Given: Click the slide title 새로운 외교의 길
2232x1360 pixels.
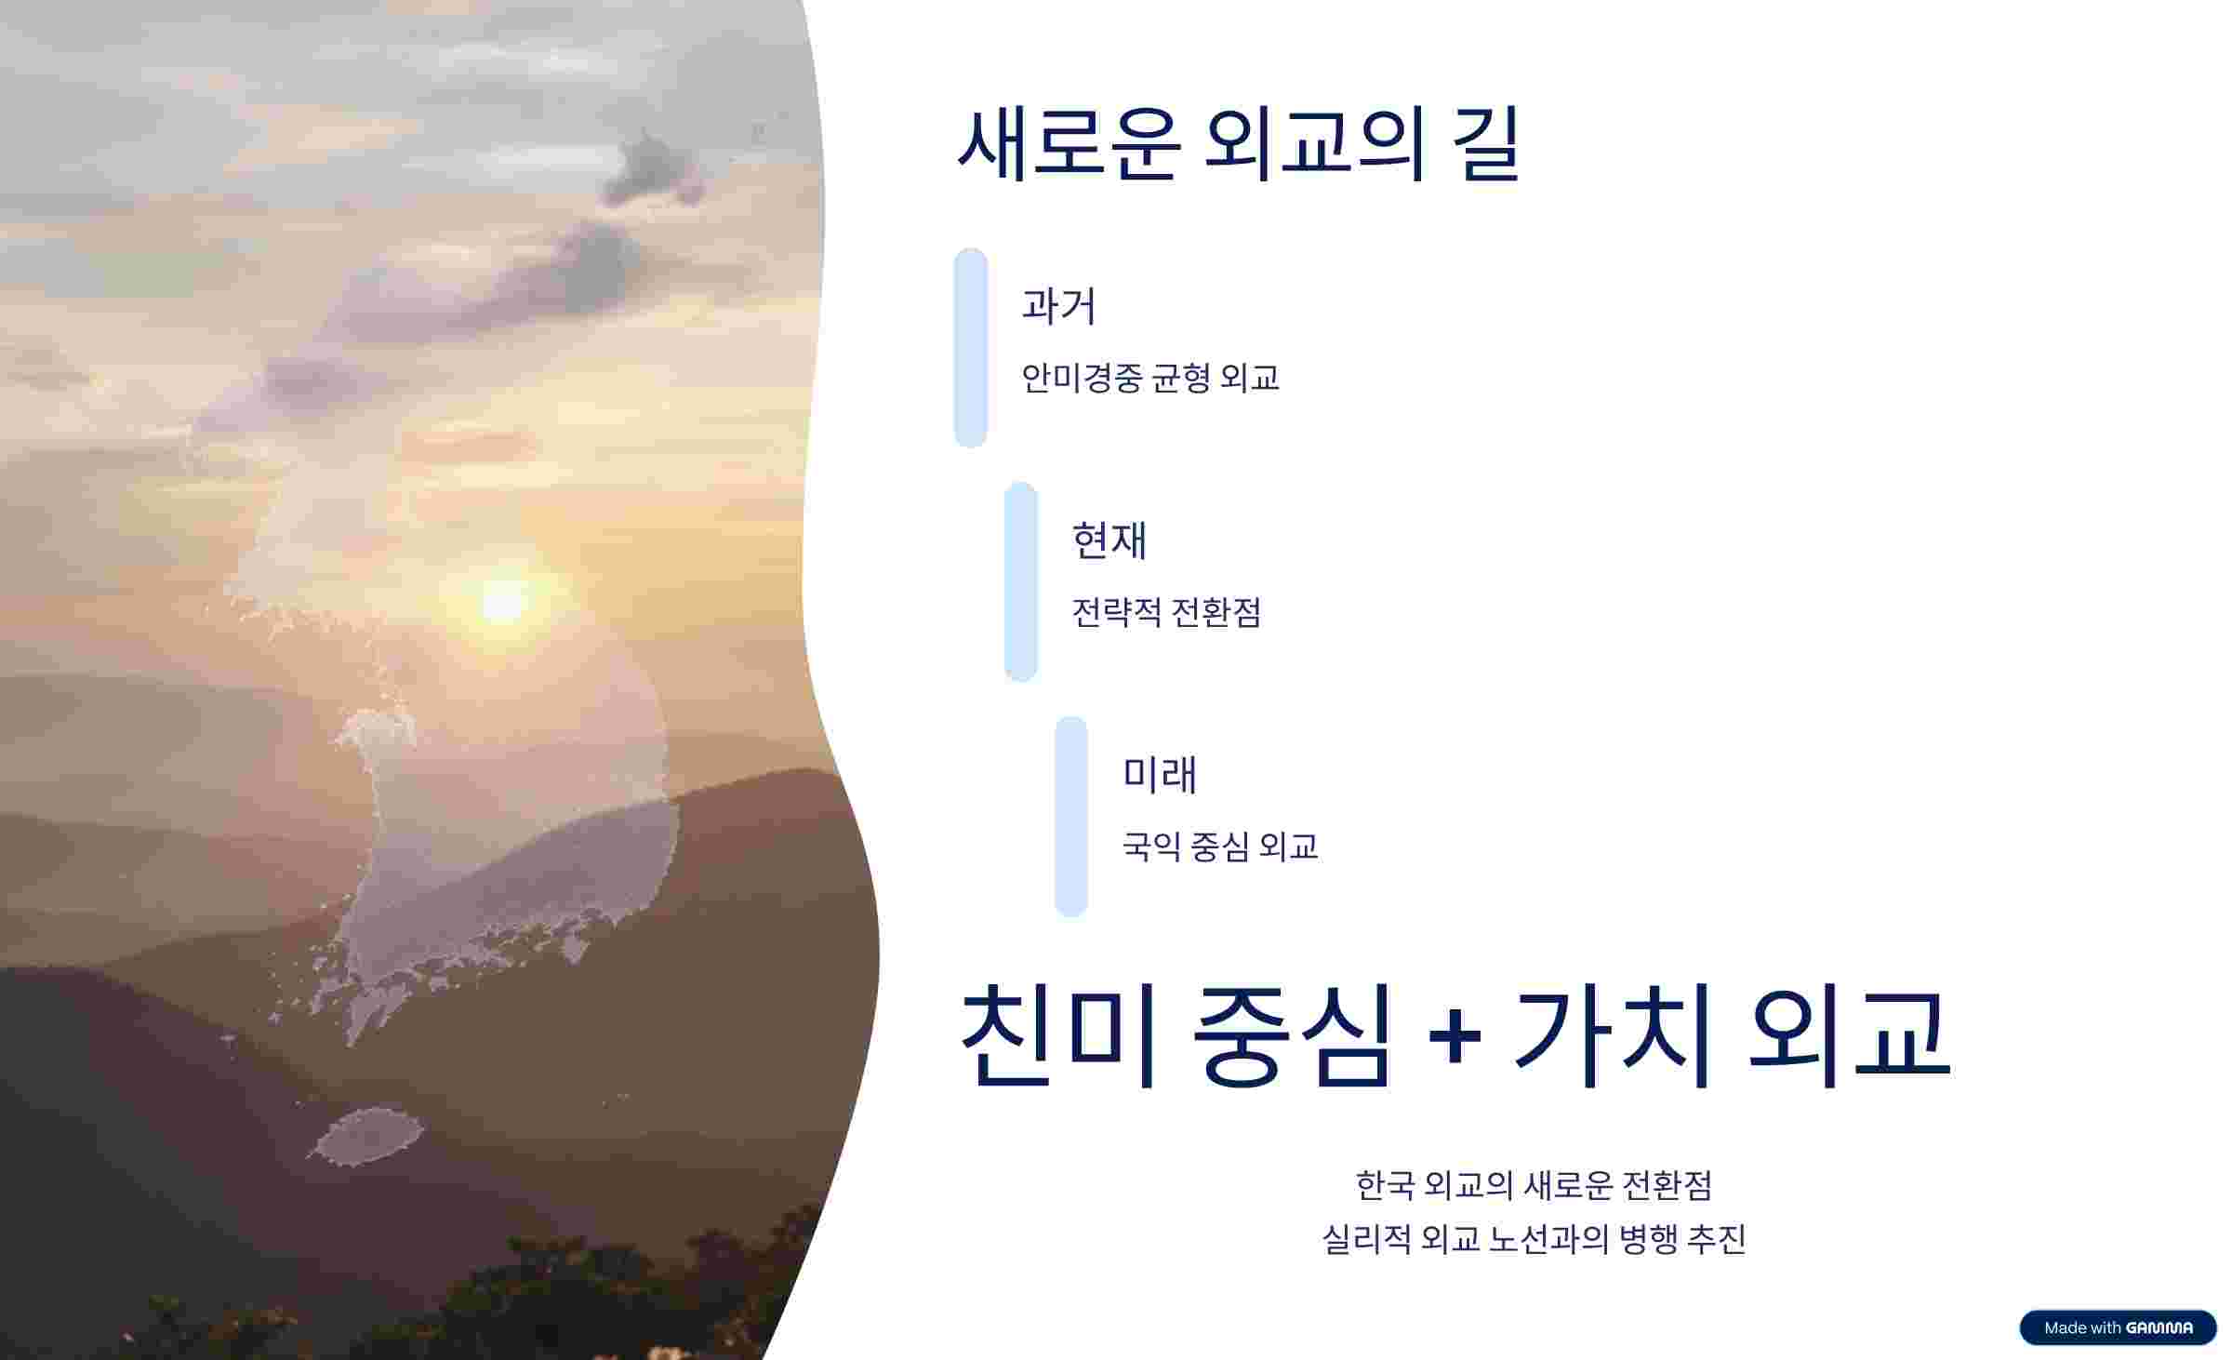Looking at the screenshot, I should click(1238, 144).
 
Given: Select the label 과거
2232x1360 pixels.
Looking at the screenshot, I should click(1058, 306).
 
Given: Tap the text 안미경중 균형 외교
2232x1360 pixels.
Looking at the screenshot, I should click(1149, 378).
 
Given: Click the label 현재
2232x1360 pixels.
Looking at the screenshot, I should click(1109, 540).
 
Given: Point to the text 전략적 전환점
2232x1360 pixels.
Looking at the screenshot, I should click(1166, 612).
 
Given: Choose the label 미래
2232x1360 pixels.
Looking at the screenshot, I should click(1159, 775).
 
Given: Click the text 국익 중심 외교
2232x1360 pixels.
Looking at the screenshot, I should click(1219, 847).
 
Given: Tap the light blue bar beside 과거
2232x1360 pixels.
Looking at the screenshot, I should click(970, 347).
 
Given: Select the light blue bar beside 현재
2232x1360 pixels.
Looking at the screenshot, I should click(1020, 581).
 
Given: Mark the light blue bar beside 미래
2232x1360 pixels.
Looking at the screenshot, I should click(1070, 816).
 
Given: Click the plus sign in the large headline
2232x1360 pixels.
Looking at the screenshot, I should click(1454, 1035).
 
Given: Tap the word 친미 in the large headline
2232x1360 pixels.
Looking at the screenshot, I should click(1057, 1035).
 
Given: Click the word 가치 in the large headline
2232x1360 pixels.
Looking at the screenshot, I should click(1612, 1035).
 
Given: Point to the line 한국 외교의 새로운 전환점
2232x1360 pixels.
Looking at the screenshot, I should click(1534, 1185).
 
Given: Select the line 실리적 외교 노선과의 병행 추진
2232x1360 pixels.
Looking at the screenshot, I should click(1534, 1239).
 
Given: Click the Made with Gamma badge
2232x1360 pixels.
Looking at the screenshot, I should click(2118, 1327).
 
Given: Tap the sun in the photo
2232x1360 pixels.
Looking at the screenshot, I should click(503, 602).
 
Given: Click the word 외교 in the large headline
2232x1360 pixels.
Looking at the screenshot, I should click(1848, 1035).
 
